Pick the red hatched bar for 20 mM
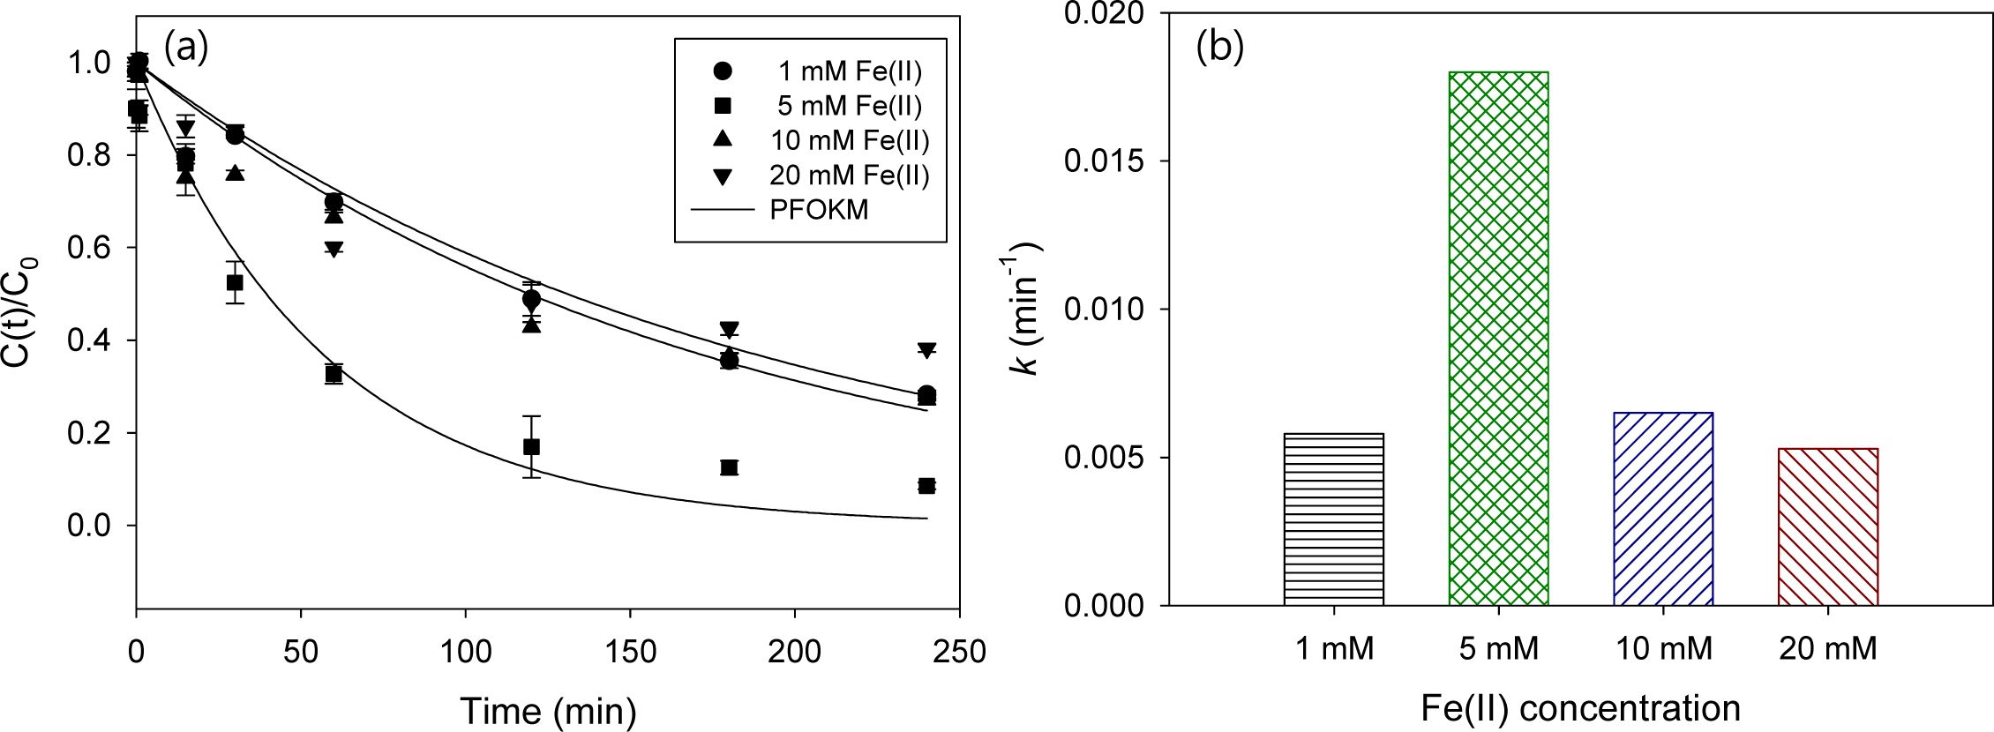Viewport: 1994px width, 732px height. [1827, 527]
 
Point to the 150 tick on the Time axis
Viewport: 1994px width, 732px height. [630, 652]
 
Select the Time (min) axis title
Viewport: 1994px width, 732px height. [548, 711]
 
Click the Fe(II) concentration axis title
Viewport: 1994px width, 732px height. [1580, 708]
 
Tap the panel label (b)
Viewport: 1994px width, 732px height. [1219, 48]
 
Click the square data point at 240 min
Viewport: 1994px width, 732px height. [926, 486]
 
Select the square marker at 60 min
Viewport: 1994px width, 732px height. [334, 374]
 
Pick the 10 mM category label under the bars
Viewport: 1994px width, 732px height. [1663, 650]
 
